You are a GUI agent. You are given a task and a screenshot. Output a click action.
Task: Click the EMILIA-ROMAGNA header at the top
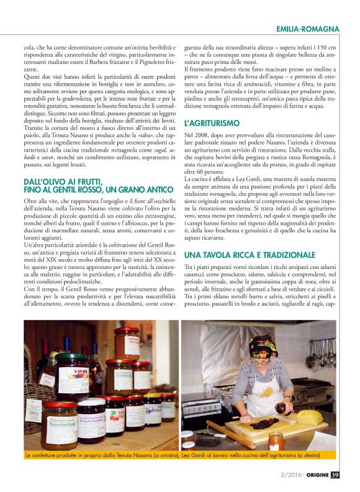pos(308,29)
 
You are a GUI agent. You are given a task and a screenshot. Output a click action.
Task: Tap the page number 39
pos(335,475)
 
